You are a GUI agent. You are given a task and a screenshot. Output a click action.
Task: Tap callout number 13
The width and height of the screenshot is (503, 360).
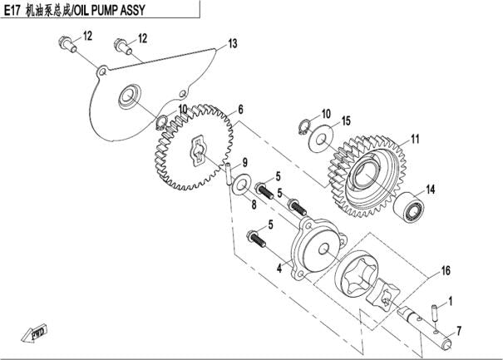coord(233,43)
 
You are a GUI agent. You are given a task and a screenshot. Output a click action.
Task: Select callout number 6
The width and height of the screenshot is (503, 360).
coord(240,110)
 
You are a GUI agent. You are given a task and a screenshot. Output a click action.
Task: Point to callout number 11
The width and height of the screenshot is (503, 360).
coord(415,138)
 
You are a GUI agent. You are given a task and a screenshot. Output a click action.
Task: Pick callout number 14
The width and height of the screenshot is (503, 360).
coord(430,190)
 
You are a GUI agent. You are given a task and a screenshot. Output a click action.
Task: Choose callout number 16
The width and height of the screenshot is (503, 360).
coord(446,271)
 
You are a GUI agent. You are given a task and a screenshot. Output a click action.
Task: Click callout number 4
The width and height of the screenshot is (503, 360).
coord(280,268)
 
